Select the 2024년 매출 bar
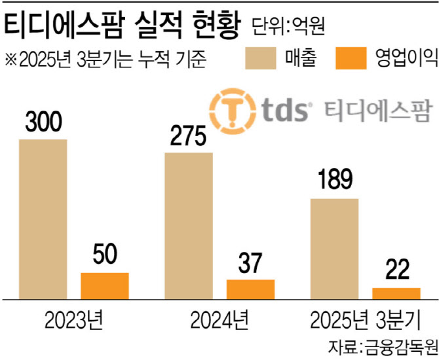click(189, 226)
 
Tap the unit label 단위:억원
click(289, 27)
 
